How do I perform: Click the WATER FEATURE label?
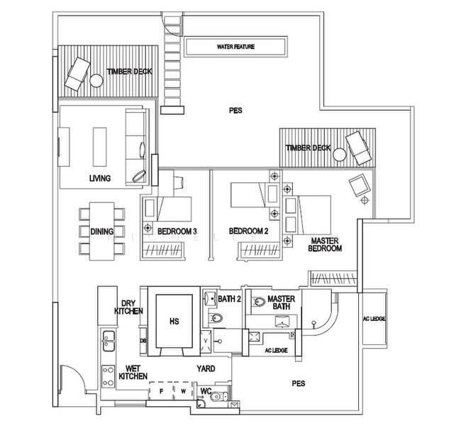click(x=235, y=47)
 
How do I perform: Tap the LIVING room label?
click(x=100, y=178)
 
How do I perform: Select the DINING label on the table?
click(x=102, y=231)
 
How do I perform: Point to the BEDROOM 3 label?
click(x=177, y=231)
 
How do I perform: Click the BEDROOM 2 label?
click(x=249, y=231)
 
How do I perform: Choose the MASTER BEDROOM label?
click(x=325, y=245)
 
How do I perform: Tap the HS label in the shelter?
click(x=174, y=321)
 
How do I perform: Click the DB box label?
click(x=143, y=341)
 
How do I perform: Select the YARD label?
click(x=206, y=368)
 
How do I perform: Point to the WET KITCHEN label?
click(x=133, y=373)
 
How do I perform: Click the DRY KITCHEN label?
click(x=129, y=307)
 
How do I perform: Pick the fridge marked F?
click(x=161, y=391)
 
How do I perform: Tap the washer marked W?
click(x=183, y=391)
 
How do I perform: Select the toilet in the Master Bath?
click(x=259, y=302)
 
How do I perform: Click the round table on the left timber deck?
click(x=96, y=80)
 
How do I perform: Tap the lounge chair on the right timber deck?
click(x=357, y=148)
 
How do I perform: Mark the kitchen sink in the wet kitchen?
click(x=109, y=341)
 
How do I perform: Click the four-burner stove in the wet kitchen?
click(x=109, y=376)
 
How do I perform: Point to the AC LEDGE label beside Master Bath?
click(x=276, y=350)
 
